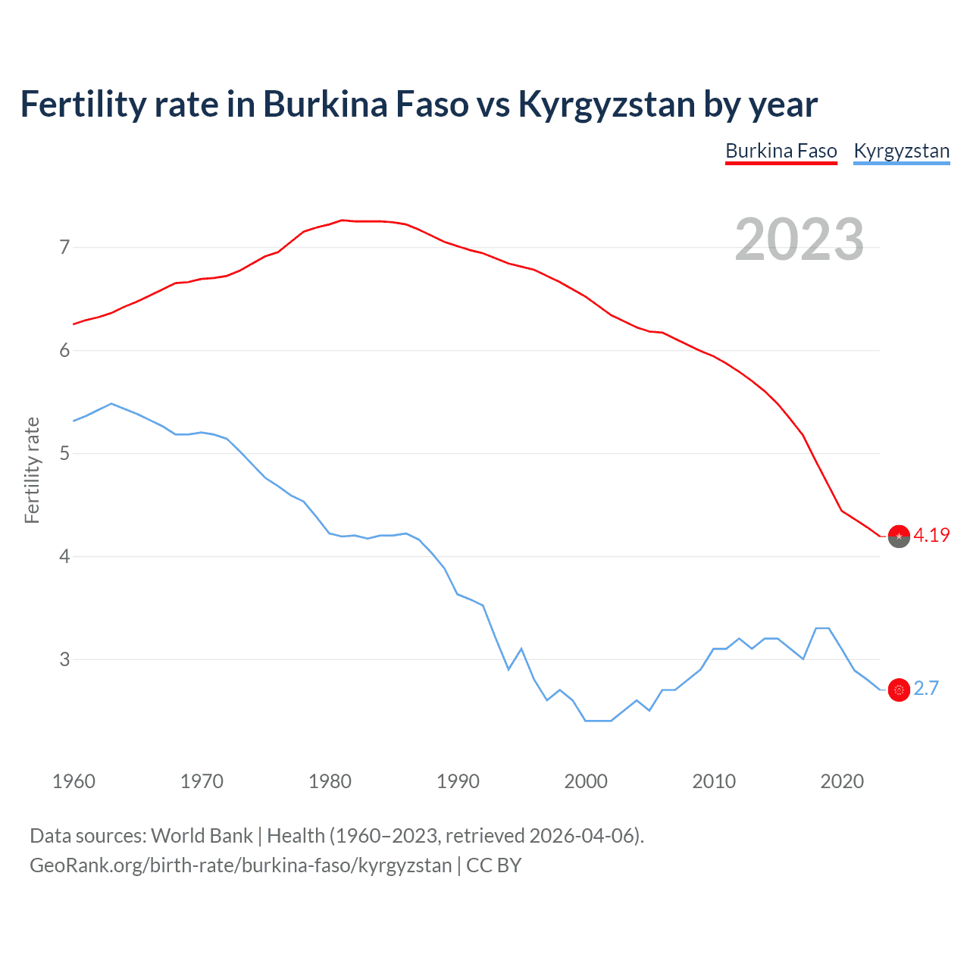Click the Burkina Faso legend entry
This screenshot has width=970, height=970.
tap(781, 151)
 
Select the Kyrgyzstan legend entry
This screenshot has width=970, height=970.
tap(901, 151)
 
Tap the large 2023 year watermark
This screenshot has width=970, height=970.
tap(799, 239)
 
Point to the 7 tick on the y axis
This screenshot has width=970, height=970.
tap(64, 247)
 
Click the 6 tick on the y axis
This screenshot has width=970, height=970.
tap(64, 350)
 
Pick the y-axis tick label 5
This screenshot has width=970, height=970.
tap(64, 453)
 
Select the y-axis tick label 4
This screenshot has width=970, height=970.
tap(64, 556)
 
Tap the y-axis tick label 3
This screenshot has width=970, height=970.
tap(64, 659)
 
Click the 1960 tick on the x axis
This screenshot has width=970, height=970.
tap(74, 781)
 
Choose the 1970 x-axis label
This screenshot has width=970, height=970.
tap(202, 781)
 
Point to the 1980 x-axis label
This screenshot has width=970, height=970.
tap(330, 781)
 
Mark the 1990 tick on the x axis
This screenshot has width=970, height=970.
tap(458, 781)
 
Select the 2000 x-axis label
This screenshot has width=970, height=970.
tap(586, 781)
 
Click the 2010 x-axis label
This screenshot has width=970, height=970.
tap(714, 781)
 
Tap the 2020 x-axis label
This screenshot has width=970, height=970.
tap(842, 781)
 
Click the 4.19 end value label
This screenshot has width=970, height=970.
tap(931, 535)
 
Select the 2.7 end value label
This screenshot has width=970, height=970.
tap(926, 688)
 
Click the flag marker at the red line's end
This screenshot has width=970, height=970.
tap(899, 536)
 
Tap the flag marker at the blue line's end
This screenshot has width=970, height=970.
tap(899, 690)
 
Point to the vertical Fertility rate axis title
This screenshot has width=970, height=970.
tap(32, 470)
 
